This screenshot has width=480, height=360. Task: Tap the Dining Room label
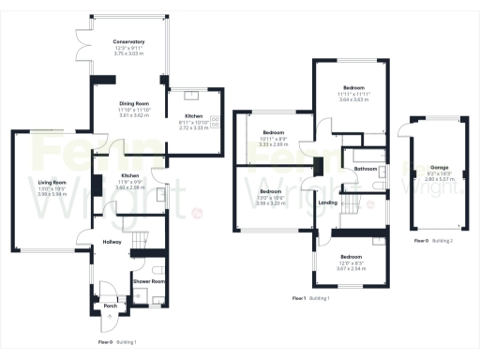[133, 102]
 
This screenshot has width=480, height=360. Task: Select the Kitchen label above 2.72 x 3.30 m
[194, 117]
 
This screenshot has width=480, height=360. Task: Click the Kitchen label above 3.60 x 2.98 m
[130, 176]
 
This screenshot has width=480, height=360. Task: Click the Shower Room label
[148, 280]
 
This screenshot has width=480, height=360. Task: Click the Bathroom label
[366, 169]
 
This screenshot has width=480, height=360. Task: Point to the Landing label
[328, 202]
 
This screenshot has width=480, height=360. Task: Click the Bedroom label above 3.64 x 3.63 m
[353, 87]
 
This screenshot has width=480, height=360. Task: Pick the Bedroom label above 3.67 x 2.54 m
[351, 256]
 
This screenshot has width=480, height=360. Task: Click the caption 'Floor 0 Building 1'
[118, 342]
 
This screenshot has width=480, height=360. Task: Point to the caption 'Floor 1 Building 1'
[312, 297]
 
